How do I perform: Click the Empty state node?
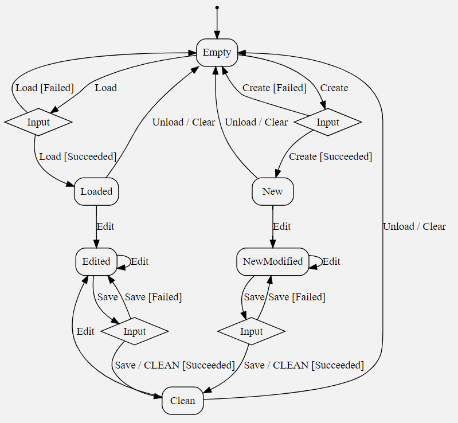(x=217, y=53)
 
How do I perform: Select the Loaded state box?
(x=96, y=191)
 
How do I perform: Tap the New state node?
(x=272, y=191)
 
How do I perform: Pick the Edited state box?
(x=96, y=261)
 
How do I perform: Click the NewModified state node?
(x=272, y=261)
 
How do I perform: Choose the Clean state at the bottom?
(x=183, y=401)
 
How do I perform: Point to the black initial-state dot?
(x=217, y=7)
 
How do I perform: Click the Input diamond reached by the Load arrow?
(x=38, y=122)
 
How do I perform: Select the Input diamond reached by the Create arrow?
(x=328, y=122)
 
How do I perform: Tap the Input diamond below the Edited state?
(x=135, y=331)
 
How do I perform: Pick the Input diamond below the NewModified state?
(x=251, y=331)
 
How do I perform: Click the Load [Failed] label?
(x=45, y=88)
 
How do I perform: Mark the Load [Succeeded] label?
(x=77, y=156)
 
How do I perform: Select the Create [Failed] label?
(x=274, y=88)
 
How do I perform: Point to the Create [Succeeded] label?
(x=330, y=156)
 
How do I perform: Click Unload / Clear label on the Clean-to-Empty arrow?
(x=414, y=226)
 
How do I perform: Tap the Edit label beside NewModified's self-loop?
(x=331, y=261)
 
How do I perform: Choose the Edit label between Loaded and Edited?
(x=105, y=226)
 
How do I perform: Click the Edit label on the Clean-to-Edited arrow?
(x=85, y=331)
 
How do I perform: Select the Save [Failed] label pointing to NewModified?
(x=297, y=297)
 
